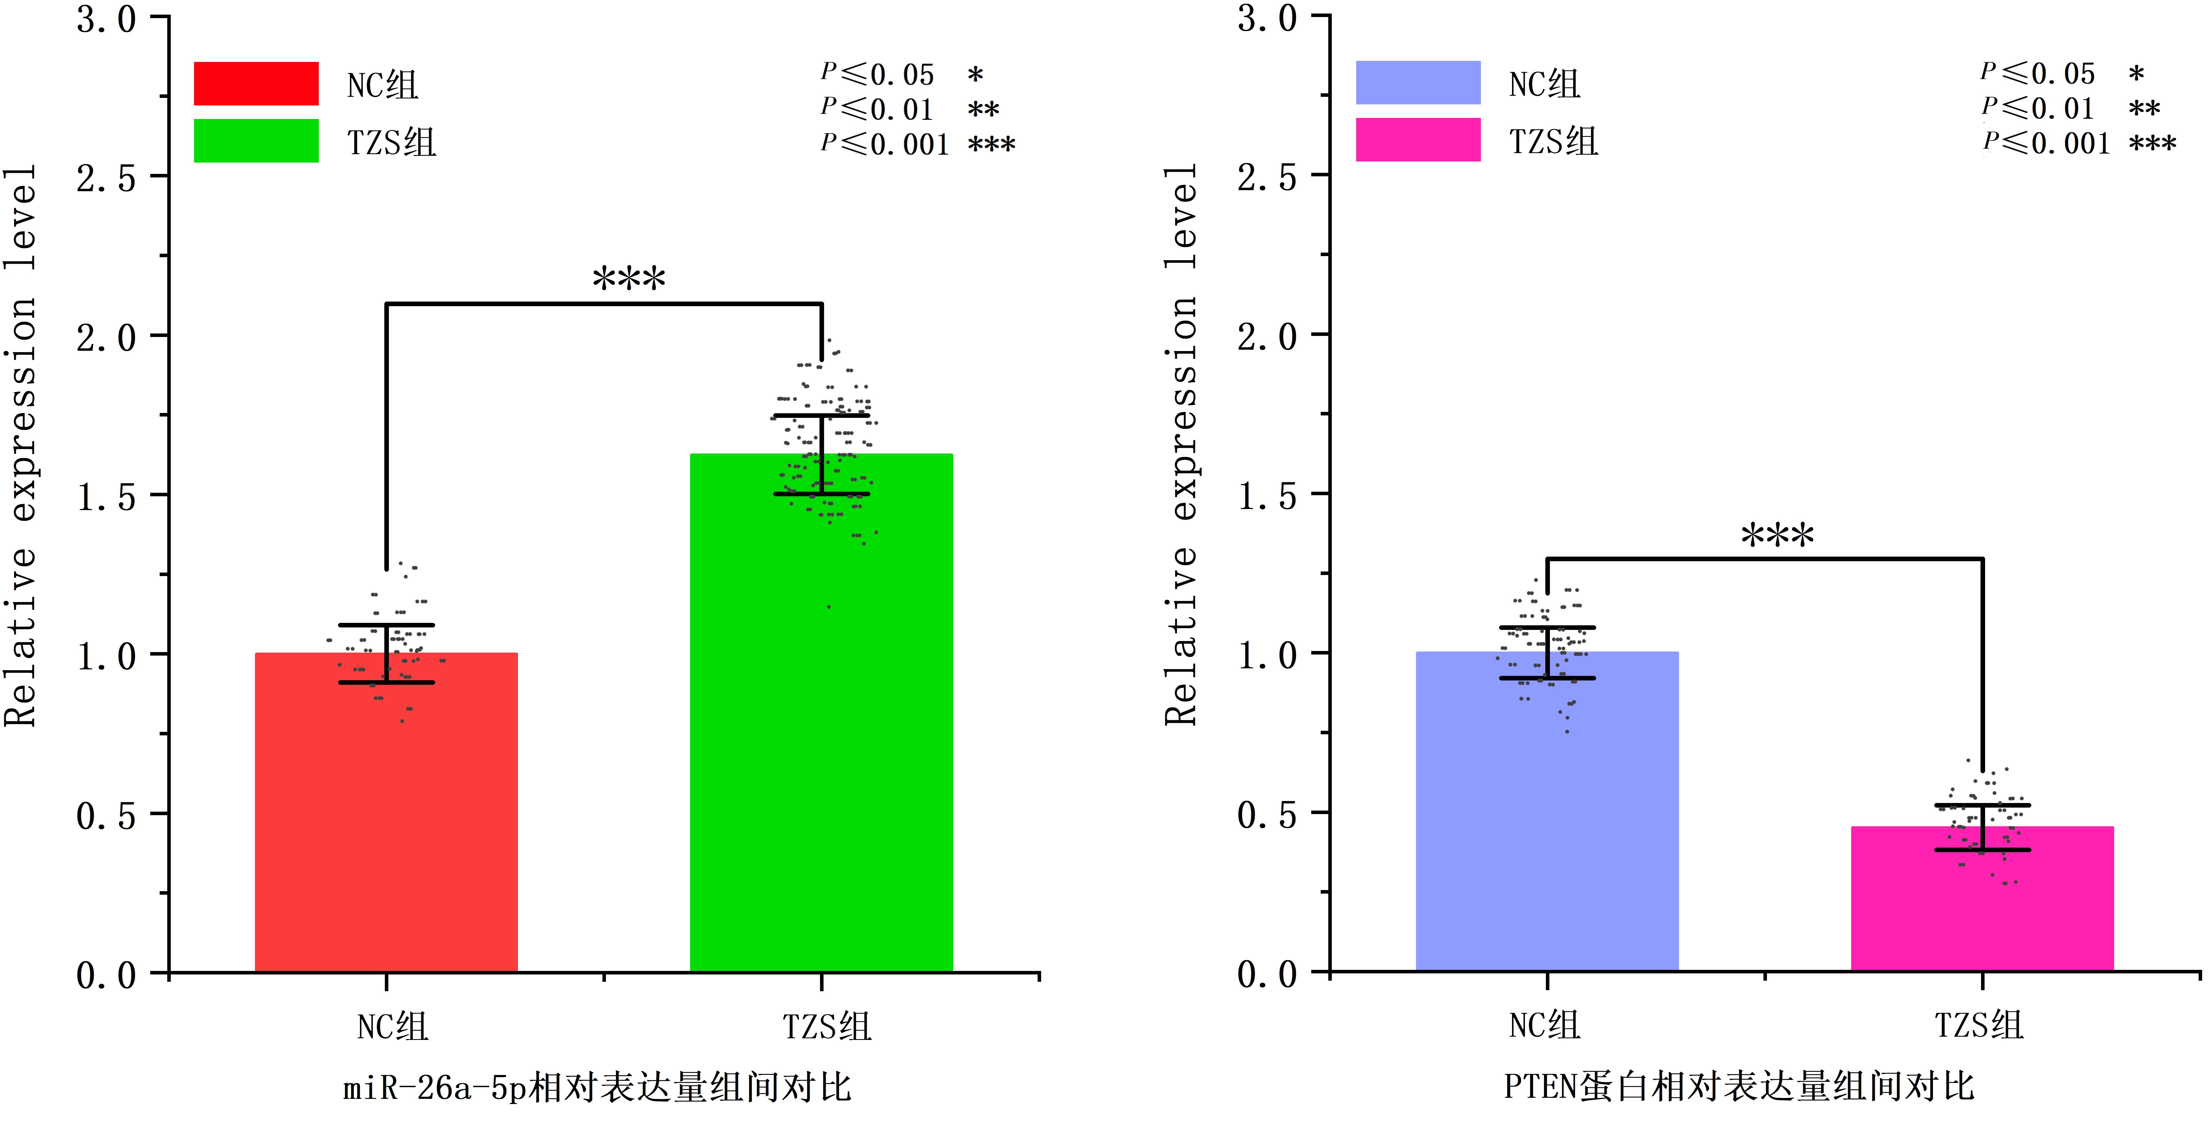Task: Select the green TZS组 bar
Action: point(821,729)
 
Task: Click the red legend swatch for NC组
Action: point(256,83)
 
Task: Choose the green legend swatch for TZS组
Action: point(256,141)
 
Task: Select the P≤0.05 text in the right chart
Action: point(2038,74)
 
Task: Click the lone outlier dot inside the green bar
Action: point(829,607)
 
